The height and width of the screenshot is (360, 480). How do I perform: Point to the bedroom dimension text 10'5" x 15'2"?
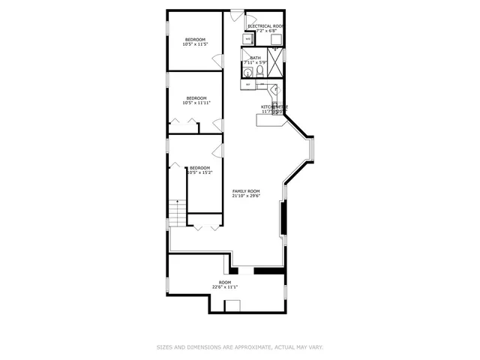coord(199,172)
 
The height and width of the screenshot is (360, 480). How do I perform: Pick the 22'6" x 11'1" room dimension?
coord(224,286)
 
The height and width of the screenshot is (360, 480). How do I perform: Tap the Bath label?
coord(255,57)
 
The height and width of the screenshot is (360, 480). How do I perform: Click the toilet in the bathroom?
coord(259,70)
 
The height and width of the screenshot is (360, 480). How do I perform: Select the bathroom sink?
coord(247,71)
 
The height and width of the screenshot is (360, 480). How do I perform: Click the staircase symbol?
coord(176,213)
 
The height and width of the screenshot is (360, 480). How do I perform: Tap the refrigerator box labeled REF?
coord(247,85)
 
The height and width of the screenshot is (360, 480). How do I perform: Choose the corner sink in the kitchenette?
coord(275,90)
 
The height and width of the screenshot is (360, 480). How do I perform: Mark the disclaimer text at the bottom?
coord(239,347)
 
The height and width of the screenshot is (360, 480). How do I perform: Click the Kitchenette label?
coord(274,107)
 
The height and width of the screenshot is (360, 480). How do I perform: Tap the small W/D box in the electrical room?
coord(247,38)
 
